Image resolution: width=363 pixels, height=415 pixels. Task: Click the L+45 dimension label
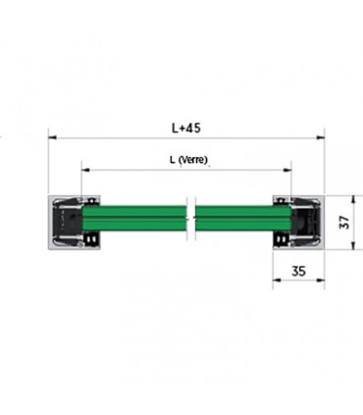point(185,128)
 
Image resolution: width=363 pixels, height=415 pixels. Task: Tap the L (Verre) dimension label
point(188,160)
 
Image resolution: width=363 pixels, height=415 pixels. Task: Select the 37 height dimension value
point(344,223)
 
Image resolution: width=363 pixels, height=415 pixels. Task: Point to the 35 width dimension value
point(298,271)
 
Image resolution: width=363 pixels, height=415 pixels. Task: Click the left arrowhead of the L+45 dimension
point(52,138)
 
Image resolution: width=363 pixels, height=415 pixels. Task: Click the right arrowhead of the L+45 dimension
point(321,138)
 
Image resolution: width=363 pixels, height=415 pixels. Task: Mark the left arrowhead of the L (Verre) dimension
point(85,170)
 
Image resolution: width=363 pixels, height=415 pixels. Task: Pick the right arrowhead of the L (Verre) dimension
point(287,170)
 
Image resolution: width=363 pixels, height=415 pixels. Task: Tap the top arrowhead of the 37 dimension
point(353,199)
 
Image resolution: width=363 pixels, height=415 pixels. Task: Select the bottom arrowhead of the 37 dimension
point(353,245)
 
